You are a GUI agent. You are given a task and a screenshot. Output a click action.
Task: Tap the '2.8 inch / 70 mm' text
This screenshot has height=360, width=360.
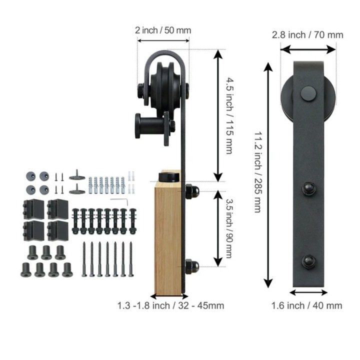(x=307, y=35)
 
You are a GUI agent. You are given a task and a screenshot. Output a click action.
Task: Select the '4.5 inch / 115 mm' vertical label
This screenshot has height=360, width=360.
(x=229, y=115)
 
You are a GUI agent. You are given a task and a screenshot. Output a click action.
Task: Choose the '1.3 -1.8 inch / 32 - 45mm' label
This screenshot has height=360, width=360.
(x=170, y=305)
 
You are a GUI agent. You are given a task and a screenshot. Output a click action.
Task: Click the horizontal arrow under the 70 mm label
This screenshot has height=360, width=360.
(x=307, y=48)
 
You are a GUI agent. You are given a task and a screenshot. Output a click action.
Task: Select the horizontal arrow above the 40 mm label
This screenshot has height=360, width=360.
(x=308, y=292)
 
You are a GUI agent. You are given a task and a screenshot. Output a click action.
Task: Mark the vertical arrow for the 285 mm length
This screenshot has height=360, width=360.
(x=268, y=175)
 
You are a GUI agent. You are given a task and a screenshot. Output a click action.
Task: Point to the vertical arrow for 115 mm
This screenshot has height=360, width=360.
(x=217, y=116)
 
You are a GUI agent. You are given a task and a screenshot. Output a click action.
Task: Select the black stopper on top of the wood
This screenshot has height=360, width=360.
(x=168, y=177)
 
